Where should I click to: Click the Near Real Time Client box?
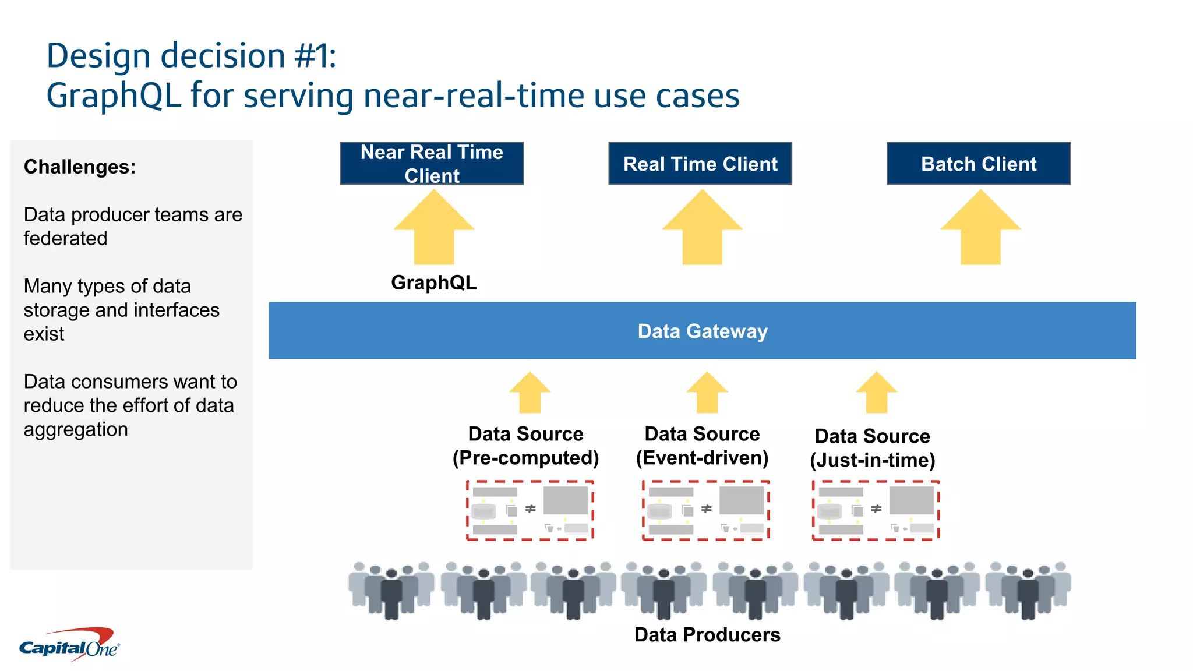point(432,164)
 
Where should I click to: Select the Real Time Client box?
point(700,164)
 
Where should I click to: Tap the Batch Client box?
point(978,164)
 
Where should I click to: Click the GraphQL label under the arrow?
point(433,282)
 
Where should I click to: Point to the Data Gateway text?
point(702,331)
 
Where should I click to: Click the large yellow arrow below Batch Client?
point(980,230)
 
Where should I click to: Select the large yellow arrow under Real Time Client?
point(702,230)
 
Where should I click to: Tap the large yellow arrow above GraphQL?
point(434,230)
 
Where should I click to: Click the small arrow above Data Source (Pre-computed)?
point(530,394)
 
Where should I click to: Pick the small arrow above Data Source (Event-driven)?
point(707,394)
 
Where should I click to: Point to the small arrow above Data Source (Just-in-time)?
point(876,394)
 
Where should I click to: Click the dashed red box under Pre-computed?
point(530,510)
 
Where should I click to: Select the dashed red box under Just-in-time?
point(876,510)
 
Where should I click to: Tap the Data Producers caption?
point(707,634)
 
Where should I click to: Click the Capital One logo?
point(69,645)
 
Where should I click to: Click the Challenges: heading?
point(80,167)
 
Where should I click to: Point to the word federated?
point(65,239)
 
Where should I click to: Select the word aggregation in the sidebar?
point(76,430)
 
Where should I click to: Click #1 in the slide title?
point(310,56)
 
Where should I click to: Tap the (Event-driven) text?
point(702,458)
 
